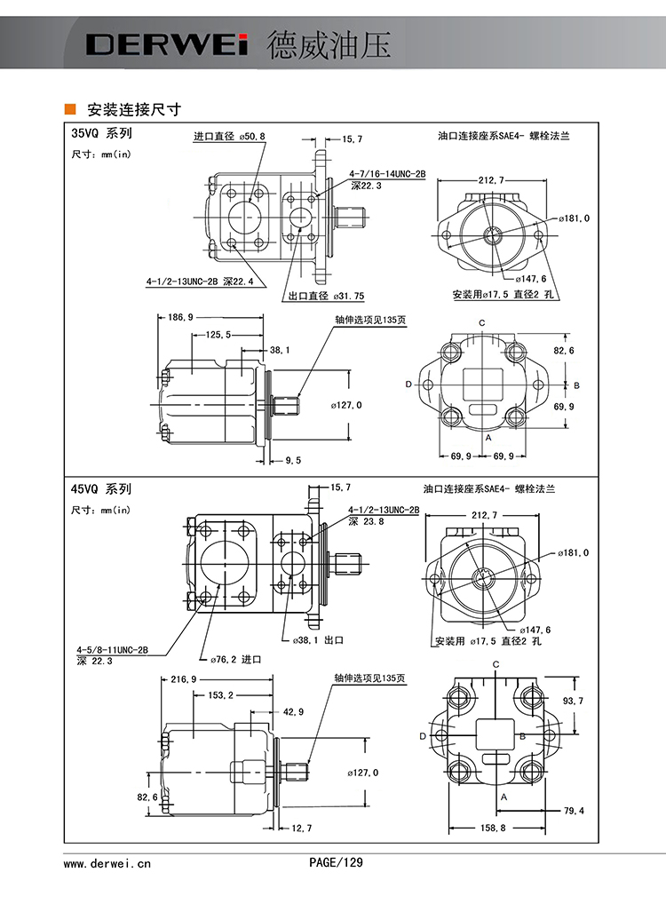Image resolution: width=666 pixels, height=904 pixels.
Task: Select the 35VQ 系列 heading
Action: (101, 134)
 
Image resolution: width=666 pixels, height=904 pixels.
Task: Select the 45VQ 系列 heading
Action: (101, 488)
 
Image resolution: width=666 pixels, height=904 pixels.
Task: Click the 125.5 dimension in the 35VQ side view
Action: (218, 334)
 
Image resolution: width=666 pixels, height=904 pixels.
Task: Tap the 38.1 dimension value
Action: (280, 350)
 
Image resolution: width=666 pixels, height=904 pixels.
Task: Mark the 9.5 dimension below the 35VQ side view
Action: (293, 460)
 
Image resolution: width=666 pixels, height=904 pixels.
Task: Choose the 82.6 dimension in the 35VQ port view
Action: (564, 351)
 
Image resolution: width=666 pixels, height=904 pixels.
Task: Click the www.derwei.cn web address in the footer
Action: (107, 862)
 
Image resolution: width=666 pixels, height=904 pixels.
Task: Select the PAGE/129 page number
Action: (336, 861)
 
